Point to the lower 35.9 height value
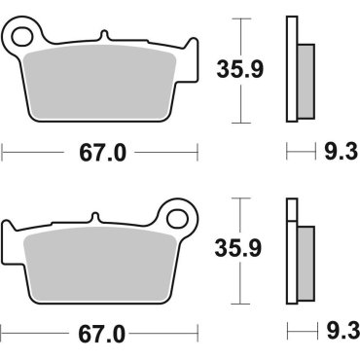[x=239, y=249]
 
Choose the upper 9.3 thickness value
[x=333, y=153]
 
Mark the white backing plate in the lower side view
[x=290, y=253]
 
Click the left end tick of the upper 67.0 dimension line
[x=3, y=153]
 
